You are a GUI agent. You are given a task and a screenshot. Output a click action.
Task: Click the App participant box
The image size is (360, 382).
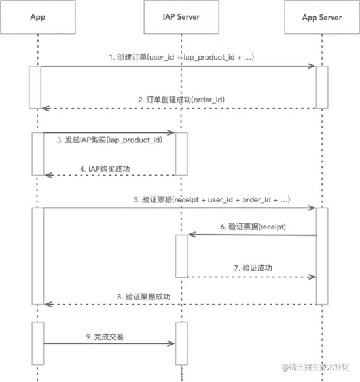[38, 17]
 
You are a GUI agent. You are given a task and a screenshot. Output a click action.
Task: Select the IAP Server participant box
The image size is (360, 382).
[181, 17]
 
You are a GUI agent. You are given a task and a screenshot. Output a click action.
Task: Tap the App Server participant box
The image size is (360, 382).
[322, 17]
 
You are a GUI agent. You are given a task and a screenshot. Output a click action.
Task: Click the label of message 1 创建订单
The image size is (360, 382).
[181, 57]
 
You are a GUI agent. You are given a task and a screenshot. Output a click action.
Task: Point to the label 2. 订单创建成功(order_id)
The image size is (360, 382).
[181, 100]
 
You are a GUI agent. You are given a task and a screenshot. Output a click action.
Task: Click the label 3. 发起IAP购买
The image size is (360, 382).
[109, 140]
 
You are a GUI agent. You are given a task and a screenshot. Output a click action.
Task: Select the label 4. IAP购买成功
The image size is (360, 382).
[105, 169]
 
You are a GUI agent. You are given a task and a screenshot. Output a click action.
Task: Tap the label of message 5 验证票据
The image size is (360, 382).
[212, 200]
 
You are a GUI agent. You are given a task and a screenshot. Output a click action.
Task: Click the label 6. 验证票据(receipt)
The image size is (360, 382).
[253, 227]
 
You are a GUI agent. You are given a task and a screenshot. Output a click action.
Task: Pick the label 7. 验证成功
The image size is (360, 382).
[253, 268]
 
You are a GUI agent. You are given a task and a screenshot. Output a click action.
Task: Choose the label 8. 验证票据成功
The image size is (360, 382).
[143, 297]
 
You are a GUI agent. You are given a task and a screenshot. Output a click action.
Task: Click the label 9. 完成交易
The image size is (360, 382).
[105, 337]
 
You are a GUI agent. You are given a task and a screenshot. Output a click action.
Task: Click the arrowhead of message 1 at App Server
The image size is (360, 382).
[312, 66]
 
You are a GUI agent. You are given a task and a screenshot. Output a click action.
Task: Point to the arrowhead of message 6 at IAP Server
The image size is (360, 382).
[192, 235]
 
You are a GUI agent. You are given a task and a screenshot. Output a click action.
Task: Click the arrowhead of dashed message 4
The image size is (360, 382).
[48, 175]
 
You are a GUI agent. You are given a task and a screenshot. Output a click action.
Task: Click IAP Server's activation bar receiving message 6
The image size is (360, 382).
[181, 256]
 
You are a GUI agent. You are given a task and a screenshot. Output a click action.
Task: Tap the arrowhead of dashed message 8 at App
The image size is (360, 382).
[48, 304]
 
